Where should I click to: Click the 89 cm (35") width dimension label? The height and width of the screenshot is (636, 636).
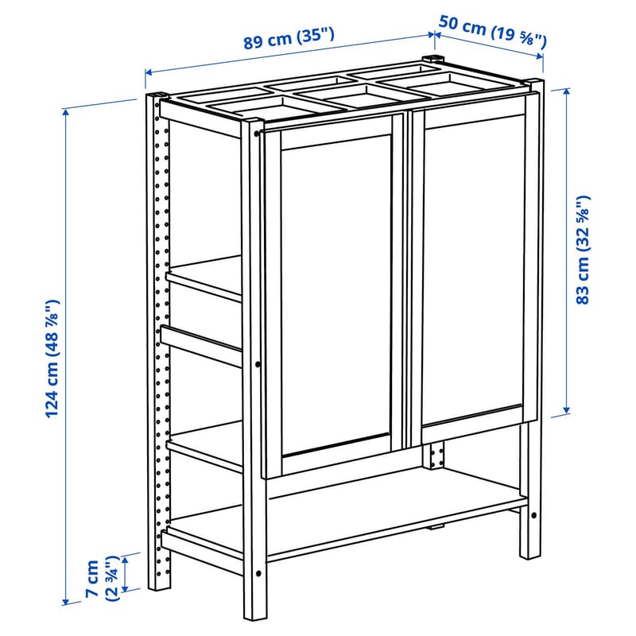coord(289,37)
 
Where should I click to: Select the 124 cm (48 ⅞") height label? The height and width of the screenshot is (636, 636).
coord(52,359)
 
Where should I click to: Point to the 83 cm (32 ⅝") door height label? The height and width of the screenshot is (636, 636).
coord(584,250)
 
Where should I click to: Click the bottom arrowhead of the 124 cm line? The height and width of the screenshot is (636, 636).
coord(65,601)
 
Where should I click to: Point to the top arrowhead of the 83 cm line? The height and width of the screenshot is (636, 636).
coord(567,93)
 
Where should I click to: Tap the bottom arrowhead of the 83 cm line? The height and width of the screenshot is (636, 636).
coord(567,409)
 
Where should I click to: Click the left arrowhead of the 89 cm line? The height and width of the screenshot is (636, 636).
coord(149,72)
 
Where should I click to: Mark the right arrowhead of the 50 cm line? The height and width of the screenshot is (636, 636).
coord(540,56)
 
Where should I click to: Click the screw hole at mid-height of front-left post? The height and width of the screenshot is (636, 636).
coord(258,365)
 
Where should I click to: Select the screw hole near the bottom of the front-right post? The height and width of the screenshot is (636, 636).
coord(533,515)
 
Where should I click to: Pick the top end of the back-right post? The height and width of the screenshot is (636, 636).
coord(433,57)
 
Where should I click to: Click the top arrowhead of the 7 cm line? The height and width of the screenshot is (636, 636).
coord(126,561)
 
